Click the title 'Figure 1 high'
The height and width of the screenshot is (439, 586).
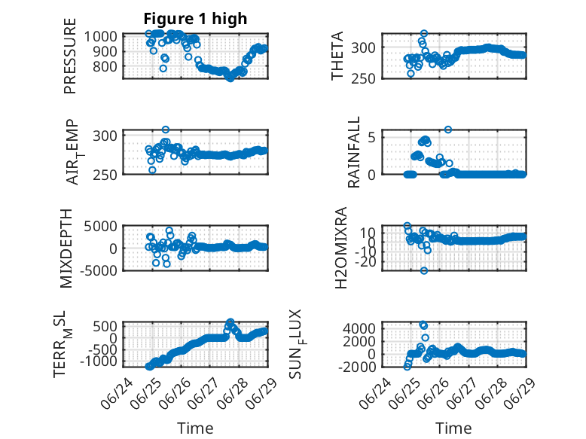(x=195, y=19)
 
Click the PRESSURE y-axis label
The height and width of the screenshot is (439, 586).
(x=70, y=56)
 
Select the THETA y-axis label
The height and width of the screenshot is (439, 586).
(x=337, y=56)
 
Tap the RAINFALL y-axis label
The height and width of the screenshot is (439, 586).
(x=353, y=151)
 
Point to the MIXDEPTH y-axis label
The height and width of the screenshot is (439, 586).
(x=66, y=248)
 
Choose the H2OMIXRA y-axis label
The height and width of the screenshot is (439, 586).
(x=341, y=248)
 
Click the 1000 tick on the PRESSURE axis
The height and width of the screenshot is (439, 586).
(x=100, y=37)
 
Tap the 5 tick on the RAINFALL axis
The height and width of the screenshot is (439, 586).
(x=371, y=138)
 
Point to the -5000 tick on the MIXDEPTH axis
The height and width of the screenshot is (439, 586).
(x=99, y=270)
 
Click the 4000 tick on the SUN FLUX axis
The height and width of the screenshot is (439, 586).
(x=359, y=329)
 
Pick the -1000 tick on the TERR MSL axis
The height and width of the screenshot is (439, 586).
(x=99, y=361)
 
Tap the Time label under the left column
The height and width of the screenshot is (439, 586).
(x=195, y=428)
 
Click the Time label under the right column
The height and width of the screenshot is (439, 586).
(x=453, y=428)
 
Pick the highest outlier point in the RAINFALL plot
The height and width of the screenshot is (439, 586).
(x=447, y=130)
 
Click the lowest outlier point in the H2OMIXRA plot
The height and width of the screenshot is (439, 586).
(x=423, y=270)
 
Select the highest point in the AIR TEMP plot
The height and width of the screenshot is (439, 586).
(x=166, y=130)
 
